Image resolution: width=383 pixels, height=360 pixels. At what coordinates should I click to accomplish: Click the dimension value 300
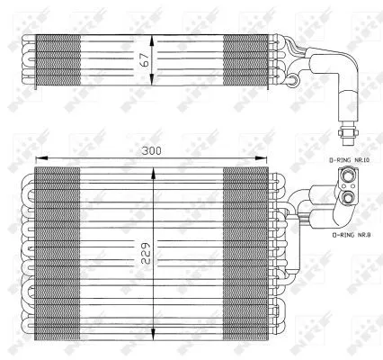coord(151,150)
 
